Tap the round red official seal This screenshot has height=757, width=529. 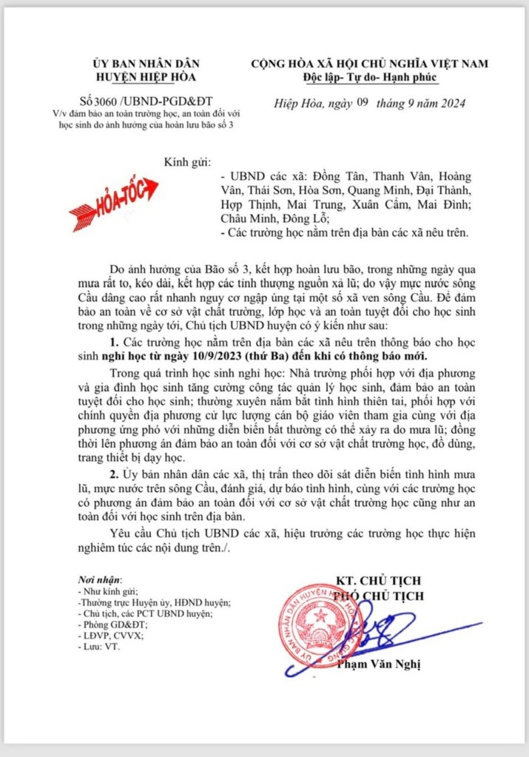click(x=320, y=624)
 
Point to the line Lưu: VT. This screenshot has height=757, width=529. click(x=97, y=646)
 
